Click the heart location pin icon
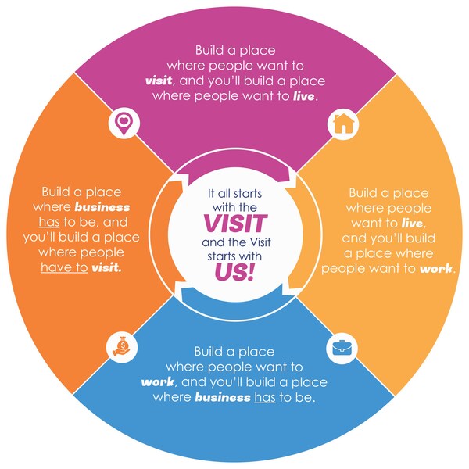(124, 124)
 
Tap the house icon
(343, 124)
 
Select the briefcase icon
(342, 348)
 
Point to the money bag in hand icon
(122, 347)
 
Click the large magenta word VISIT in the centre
(235, 223)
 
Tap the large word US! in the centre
(234, 272)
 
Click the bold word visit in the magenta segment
(159, 81)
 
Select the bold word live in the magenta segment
(303, 96)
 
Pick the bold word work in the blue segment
(158, 382)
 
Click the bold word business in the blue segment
(223, 397)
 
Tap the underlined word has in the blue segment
(265, 398)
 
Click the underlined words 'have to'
(64, 267)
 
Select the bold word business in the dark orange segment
(102, 207)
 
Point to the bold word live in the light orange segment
(412, 223)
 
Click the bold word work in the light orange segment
(436, 268)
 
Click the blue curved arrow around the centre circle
(232, 295)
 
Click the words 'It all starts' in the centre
(234, 194)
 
